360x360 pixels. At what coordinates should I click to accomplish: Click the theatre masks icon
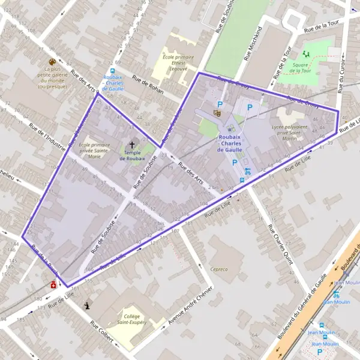tap(217, 112)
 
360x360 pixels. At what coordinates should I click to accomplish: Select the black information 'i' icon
tap(89, 305)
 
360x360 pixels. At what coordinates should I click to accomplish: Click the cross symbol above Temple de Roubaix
tap(132, 145)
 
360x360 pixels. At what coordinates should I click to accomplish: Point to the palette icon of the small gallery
tap(52, 62)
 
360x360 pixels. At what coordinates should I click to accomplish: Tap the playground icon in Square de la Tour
tap(306, 54)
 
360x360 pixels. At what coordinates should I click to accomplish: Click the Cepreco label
tap(219, 269)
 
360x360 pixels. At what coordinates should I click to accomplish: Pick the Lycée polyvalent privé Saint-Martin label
tap(289, 132)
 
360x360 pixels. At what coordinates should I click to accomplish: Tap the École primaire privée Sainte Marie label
tap(95, 150)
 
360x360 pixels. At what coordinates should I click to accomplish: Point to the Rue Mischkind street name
tap(253, 43)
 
